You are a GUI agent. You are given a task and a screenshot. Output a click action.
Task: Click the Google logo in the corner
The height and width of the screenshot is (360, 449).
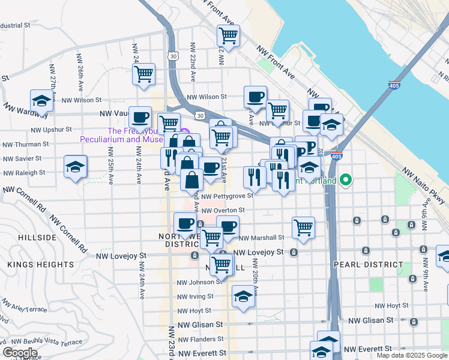tap(20, 353)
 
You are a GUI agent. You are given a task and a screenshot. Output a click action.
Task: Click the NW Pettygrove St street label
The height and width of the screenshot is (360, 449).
tap(227, 196)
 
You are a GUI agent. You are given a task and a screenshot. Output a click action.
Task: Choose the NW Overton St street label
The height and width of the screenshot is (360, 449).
tap(223, 211)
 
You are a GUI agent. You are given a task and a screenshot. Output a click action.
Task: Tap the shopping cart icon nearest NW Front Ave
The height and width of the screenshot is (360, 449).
tap(228, 37)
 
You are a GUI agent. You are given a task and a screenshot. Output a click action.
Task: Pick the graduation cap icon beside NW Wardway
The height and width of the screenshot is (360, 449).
tap(41, 100)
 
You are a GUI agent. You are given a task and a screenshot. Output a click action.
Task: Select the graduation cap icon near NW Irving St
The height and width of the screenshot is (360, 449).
tap(243, 296)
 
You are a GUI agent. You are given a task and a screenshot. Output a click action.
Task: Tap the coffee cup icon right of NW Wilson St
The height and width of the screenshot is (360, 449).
tap(255, 97)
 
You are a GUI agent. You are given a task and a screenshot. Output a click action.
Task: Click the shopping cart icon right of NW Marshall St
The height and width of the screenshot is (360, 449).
tap(304, 227)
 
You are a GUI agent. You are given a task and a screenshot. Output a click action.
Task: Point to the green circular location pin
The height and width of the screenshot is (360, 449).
tap(345, 179)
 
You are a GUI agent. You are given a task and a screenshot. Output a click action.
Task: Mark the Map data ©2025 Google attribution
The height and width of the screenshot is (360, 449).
tap(411, 355)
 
